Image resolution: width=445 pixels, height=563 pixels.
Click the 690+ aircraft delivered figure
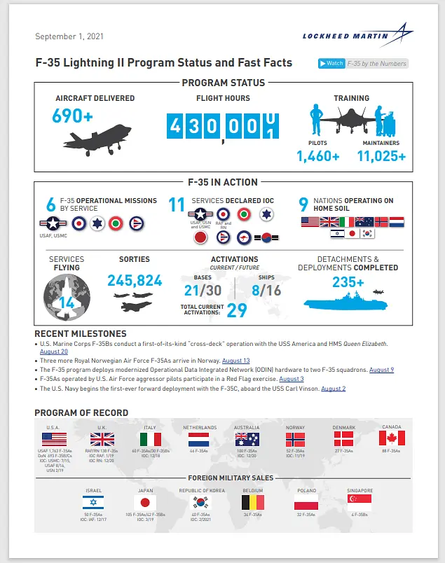(73, 116)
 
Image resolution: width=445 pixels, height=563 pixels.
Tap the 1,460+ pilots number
(318, 156)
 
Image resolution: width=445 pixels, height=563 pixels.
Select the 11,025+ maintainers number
(381, 156)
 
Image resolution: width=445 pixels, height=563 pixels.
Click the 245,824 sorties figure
(135, 281)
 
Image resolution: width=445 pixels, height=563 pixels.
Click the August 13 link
(235, 361)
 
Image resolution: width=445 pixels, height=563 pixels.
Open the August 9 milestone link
(381, 370)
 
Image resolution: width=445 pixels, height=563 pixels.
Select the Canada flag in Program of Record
(392, 439)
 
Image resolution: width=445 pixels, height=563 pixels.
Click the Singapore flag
(360, 502)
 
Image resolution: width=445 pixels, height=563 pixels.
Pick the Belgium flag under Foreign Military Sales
(252, 502)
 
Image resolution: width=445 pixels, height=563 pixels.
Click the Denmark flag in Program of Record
(343, 439)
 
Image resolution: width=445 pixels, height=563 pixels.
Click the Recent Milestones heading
(81, 334)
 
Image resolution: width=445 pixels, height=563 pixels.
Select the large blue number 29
(237, 310)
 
